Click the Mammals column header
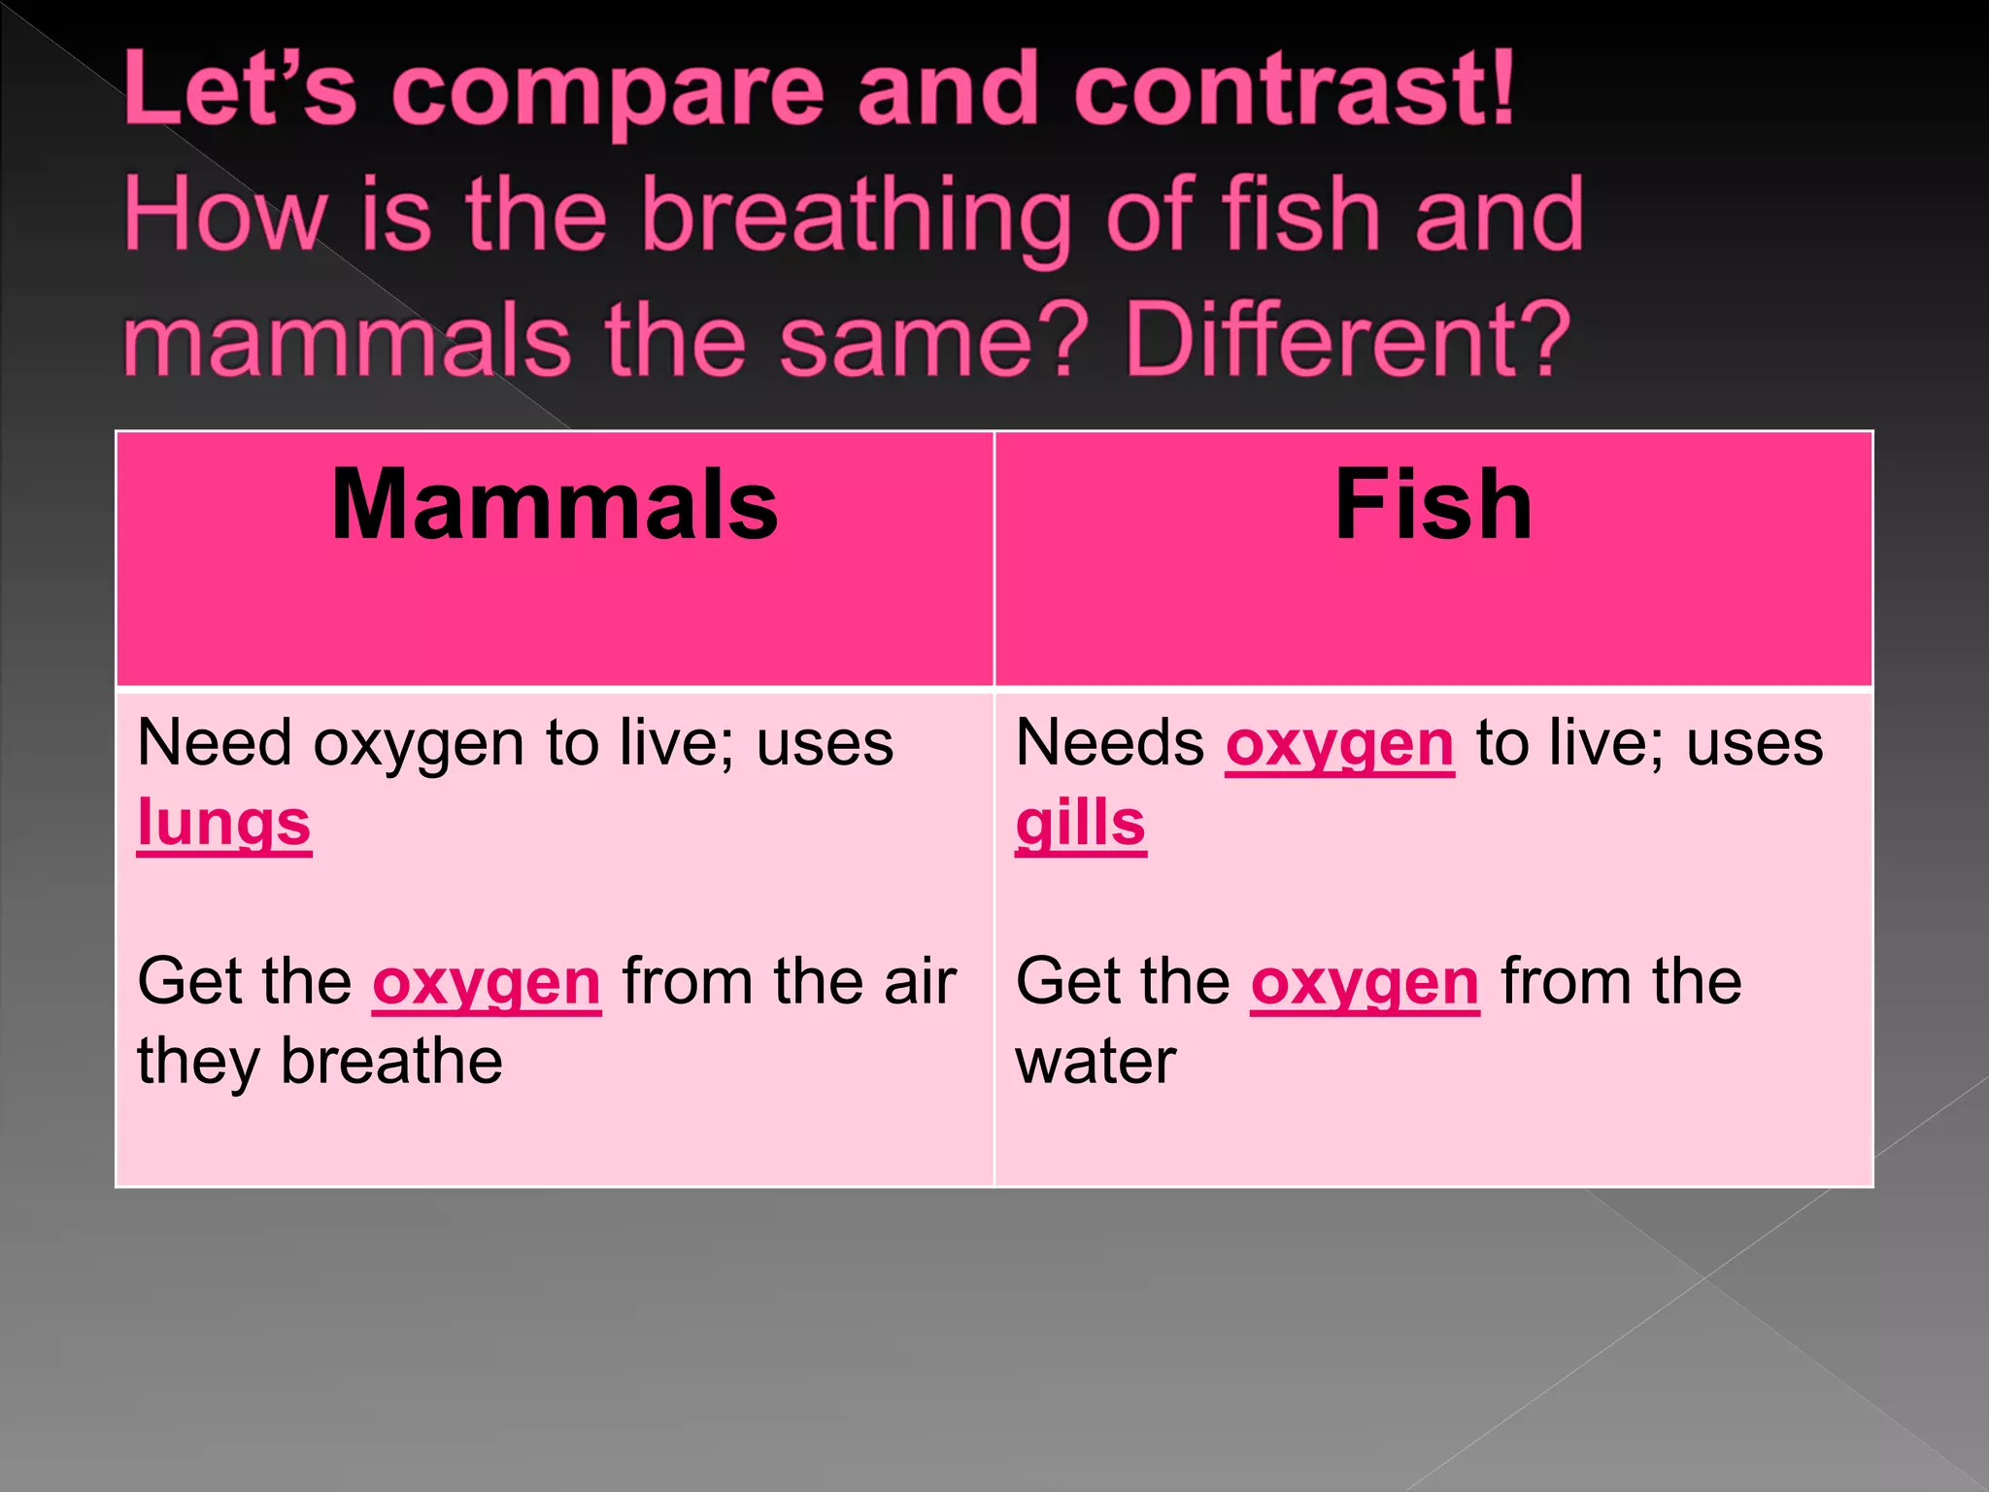555,505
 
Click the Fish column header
1433,505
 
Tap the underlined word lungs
224,824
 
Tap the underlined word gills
1081,824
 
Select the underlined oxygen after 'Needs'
1339,746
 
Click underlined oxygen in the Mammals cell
487,983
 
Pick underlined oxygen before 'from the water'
1365,983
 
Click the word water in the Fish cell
1096,1062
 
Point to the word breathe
391,1062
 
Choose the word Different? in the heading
1347,340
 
